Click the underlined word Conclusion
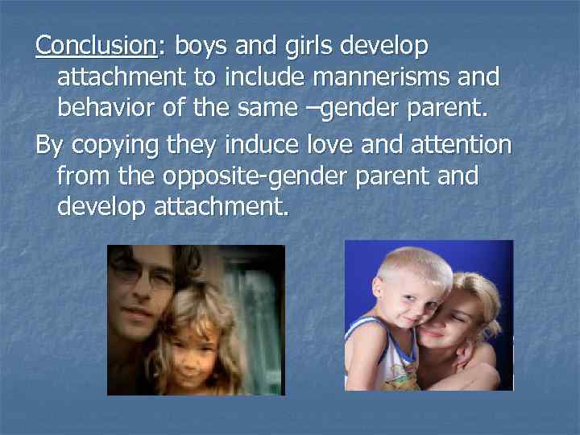(96, 46)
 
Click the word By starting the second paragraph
(50, 145)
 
